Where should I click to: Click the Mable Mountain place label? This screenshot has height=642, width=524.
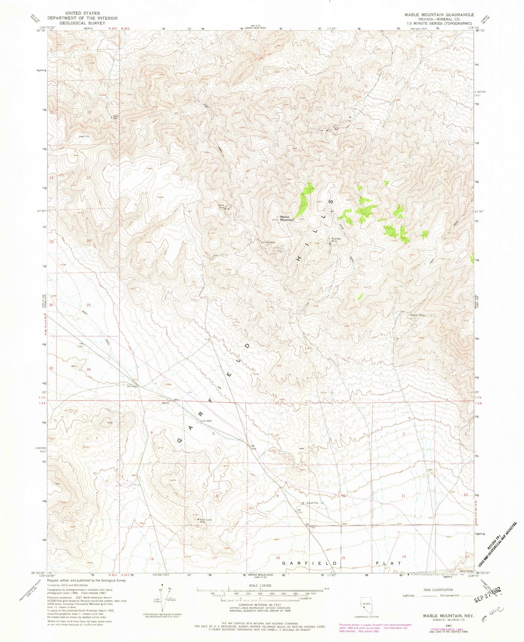coord(287,218)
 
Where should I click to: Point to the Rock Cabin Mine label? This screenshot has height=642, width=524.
coord(206,521)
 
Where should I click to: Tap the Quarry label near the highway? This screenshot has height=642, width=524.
coord(165,403)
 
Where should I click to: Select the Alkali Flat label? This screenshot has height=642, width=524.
coord(84,137)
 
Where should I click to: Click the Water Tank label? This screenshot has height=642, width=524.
coord(114,117)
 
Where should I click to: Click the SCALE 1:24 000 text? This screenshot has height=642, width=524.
coord(256,585)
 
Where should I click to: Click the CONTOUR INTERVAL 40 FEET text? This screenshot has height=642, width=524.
coord(256,605)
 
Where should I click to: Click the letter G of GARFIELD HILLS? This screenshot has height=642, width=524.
coord(180,440)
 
